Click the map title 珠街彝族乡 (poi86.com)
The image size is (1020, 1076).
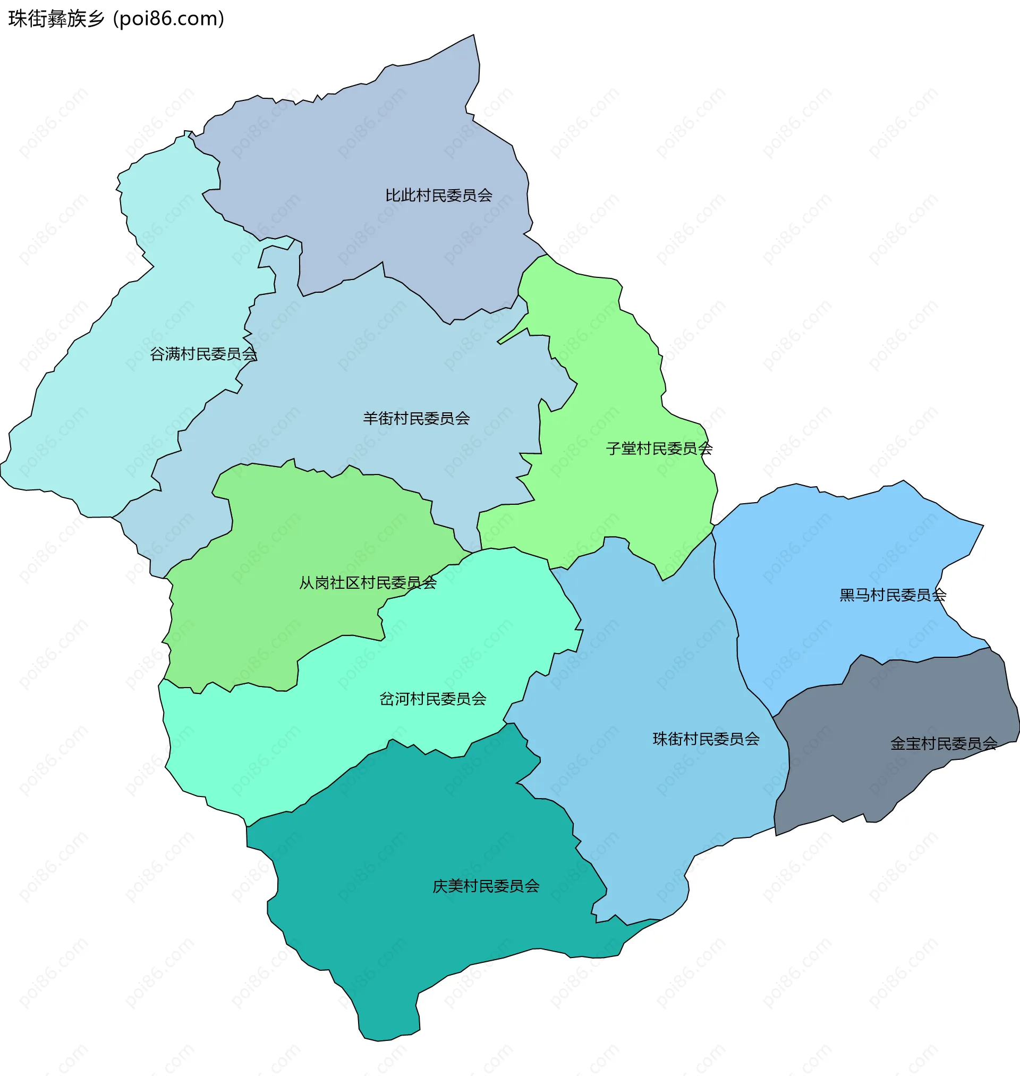click(x=116, y=19)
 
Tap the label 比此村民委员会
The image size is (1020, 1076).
click(x=438, y=195)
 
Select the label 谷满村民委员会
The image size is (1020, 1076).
click(x=203, y=354)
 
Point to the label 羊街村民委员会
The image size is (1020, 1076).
click(x=416, y=418)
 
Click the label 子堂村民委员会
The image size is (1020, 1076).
click(x=658, y=448)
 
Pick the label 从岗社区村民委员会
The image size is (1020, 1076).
click(x=368, y=583)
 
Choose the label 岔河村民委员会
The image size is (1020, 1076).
click(x=432, y=699)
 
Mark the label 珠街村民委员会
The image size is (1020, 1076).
click(x=705, y=739)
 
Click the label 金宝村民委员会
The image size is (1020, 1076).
click(x=943, y=743)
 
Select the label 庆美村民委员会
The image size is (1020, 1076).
click(x=486, y=886)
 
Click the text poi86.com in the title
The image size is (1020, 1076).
click(x=168, y=19)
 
